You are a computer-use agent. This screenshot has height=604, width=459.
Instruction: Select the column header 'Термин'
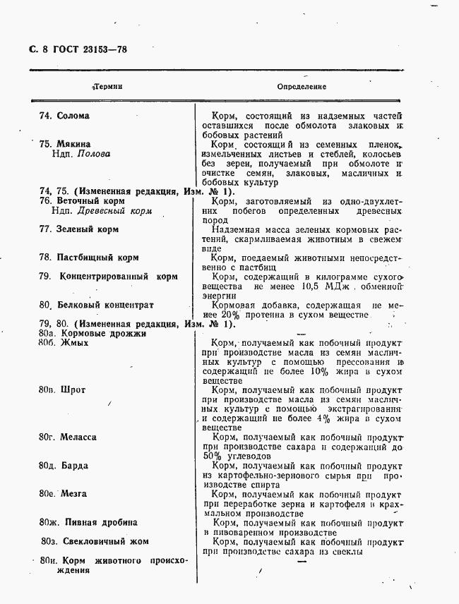pos(108,86)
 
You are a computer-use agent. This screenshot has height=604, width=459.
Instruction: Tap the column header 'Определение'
pos(302,86)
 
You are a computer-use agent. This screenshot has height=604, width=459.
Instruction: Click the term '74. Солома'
pos(64,116)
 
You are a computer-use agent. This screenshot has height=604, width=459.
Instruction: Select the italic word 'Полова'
pos(93,153)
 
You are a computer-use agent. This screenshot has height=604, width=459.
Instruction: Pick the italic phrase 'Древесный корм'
pos(114,210)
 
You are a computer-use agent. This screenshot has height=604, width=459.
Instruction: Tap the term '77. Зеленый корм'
pos(79,229)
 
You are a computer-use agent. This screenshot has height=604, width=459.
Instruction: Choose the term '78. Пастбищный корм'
pos(89,258)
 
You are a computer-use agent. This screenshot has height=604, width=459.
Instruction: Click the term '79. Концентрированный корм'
pos(107,277)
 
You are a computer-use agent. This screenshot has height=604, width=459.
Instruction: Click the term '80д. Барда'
pos(65,466)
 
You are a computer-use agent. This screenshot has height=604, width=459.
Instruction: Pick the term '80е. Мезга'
pos(64,494)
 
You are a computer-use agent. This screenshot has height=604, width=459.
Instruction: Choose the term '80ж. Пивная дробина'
pos(88,523)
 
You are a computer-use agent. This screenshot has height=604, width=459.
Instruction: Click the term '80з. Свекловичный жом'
pos(93,541)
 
